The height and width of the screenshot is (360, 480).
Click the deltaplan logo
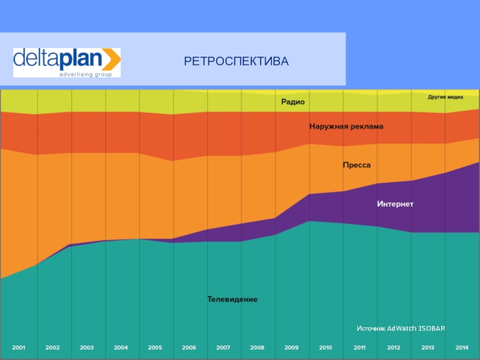[x=67, y=62]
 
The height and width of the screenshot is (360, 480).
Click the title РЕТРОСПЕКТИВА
[x=236, y=61]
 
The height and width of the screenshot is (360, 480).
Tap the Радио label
[x=293, y=102]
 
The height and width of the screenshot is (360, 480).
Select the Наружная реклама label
[x=346, y=127]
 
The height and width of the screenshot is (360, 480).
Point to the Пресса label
[x=356, y=164]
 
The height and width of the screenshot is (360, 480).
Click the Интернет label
[x=395, y=204]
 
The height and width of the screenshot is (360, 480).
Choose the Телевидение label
[x=232, y=299]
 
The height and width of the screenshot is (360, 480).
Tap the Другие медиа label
[x=445, y=97]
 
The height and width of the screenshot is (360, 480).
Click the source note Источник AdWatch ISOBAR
[x=401, y=329]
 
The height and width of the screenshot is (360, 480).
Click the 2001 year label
[x=19, y=347]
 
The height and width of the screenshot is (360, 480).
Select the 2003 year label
[x=86, y=347]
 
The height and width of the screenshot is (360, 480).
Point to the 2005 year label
[x=155, y=347]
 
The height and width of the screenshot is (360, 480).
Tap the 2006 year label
[x=189, y=347]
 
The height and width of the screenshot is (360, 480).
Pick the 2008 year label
[x=257, y=347]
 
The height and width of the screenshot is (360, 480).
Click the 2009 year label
[x=291, y=347]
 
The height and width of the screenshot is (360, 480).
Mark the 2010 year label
[x=325, y=347]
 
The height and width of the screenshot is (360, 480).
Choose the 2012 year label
[x=394, y=347]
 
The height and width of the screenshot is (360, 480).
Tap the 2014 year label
[x=462, y=347]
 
